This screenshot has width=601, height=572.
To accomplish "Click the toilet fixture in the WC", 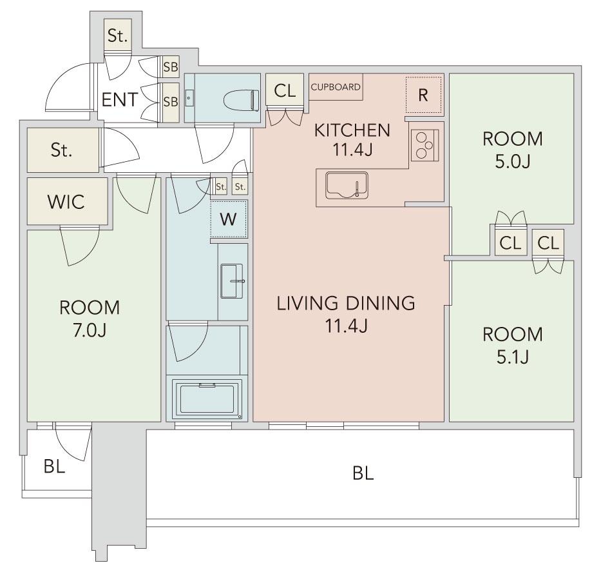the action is pyautogui.click(x=240, y=100).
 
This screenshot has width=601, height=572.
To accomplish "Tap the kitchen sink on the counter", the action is pyautogui.click(x=347, y=186).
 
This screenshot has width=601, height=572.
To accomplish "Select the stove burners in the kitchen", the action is pyautogui.click(x=425, y=145).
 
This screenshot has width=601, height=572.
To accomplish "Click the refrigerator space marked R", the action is pyautogui.click(x=424, y=95).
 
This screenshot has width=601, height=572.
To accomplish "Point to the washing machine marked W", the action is pyautogui.click(x=229, y=219).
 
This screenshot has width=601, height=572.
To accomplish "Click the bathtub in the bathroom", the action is pyautogui.click(x=207, y=399).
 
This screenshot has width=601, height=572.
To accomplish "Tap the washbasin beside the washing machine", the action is pyautogui.click(x=232, y=281).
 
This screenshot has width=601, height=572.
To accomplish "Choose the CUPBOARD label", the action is pyautogui.click(x=336, y=87).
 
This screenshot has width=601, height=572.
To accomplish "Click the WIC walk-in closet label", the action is pyautogui.click(x=66, y=202).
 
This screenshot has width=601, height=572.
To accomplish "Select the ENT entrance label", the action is pyautogui.click(x=120, y=100).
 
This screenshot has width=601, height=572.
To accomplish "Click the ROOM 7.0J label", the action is pyautogui.click(x=90, y=319).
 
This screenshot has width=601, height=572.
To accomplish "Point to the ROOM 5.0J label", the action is pyautogui.click(x=513, y=150).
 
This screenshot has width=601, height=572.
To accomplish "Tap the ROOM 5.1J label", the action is pyautogui.click(x=513, y=346).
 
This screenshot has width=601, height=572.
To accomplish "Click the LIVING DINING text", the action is pyautogui.click(x=346, y=303).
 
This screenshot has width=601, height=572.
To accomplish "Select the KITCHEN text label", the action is pyautogui.click(x=352, y=130).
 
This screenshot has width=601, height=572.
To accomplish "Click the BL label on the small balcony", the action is pyautogui.click(x=54, y=466).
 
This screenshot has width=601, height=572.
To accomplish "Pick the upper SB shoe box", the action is pyautogui.click(x=171, y=67).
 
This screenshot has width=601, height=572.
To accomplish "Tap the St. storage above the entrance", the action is pyautogui.click(x=117, y=35).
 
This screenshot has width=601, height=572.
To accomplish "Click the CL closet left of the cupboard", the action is pyautogui.click(x=285, y=91).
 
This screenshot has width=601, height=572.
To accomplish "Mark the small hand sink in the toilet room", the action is pyautogui.click(x=189, y=98).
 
